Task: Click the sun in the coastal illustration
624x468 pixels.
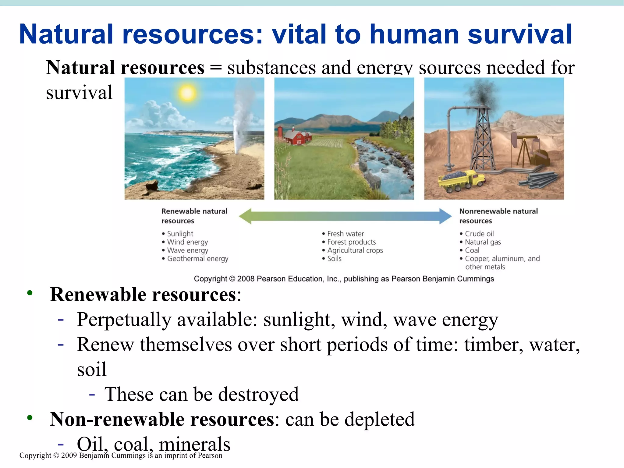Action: (187, 93)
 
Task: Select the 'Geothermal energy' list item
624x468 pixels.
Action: (197, 259)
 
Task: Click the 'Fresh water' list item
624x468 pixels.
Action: (345, 234)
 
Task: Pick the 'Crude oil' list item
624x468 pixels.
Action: (479, 234)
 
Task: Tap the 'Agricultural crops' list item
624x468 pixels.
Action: (355, 250)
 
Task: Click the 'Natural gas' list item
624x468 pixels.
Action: (483, 242)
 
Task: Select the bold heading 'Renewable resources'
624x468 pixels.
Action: (143, 295)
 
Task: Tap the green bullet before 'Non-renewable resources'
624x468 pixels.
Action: (30, 417)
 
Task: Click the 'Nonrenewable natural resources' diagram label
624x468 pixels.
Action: (498, 216)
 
